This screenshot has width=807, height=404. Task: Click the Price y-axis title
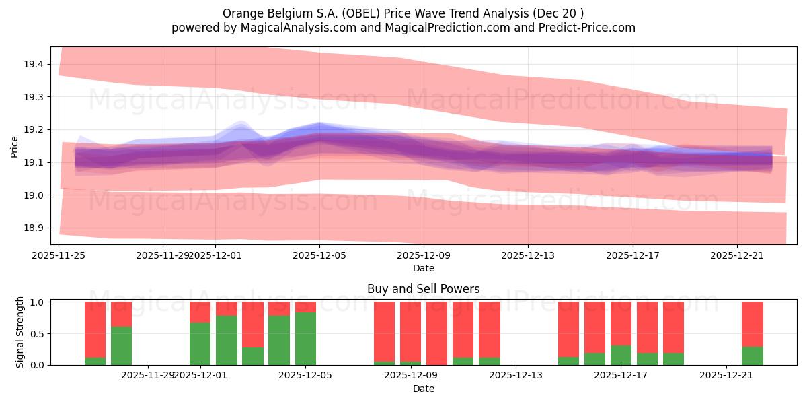tap(14, 146)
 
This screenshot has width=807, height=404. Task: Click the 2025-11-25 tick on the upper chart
tap(59, 255)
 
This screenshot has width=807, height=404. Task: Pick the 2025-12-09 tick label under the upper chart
tap(424, 255)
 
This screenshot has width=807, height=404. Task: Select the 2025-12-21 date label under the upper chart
tap(736, 255)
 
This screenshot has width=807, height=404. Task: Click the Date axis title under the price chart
tap(424, 268)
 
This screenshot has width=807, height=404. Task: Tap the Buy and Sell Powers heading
tap(424, 289)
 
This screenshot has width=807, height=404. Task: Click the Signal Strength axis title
tap(20, 331)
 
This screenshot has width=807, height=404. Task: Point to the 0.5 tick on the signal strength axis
tap(37, 333)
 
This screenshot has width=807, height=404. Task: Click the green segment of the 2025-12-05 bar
tap(305, 338)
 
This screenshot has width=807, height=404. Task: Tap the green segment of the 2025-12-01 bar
tap(200, 343)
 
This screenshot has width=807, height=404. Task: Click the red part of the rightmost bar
tap(752, 323)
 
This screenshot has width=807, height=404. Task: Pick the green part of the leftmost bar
tap(95, 361)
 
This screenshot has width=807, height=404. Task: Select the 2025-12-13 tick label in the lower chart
tap(515, 375)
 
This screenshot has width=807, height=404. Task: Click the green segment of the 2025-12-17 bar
tap(621, 355)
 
